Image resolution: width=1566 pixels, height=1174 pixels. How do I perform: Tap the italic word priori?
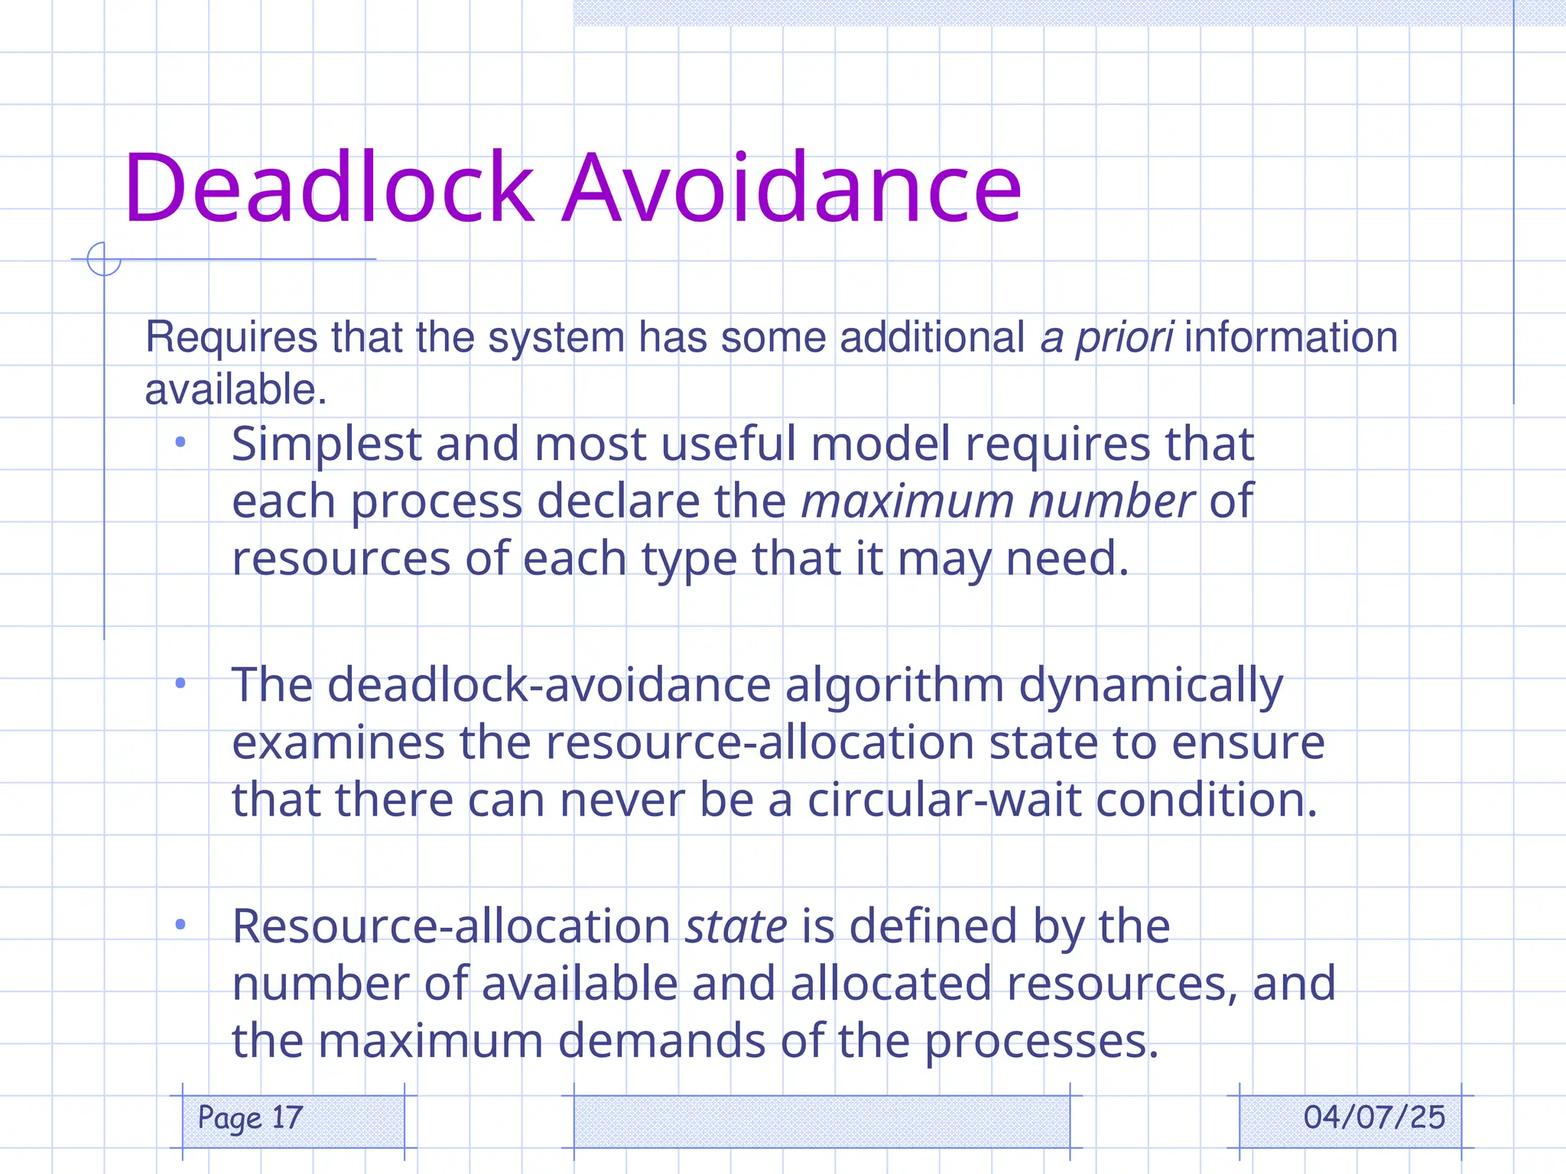click(1124, 338)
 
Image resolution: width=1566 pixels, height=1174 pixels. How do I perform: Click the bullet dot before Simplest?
click(180, 442)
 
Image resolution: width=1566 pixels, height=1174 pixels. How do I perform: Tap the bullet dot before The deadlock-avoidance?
click(180, 683)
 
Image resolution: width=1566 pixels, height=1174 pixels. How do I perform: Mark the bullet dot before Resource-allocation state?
click(180, 925)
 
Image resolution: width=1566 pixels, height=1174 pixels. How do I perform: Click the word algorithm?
click(894, 686)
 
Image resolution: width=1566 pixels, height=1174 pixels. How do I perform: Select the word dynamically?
click(1150, 686)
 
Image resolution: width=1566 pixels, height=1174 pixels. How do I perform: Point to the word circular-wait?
click(944, 800)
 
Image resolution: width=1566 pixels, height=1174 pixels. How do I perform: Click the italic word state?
click(736, 926)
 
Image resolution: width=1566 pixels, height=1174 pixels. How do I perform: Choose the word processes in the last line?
click(1041, 1042)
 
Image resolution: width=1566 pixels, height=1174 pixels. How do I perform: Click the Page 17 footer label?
click(250, 1117)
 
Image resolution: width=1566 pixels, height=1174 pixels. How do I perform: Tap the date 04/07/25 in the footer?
click(1374, 1117)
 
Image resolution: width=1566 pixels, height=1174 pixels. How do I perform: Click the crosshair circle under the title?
click(104, 259)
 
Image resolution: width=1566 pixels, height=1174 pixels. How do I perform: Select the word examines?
click(338, 743)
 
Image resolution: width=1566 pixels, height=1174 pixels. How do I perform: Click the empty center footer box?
click(821, 1121)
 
